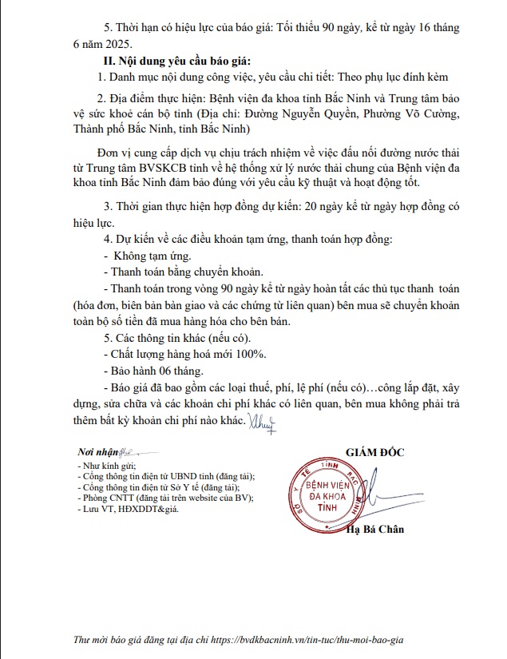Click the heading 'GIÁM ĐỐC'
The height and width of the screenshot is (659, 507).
375,452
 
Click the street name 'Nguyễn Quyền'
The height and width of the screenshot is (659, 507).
315,114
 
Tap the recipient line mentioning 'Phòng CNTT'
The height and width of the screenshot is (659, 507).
164,498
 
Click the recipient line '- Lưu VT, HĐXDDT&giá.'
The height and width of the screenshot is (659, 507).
128,508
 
